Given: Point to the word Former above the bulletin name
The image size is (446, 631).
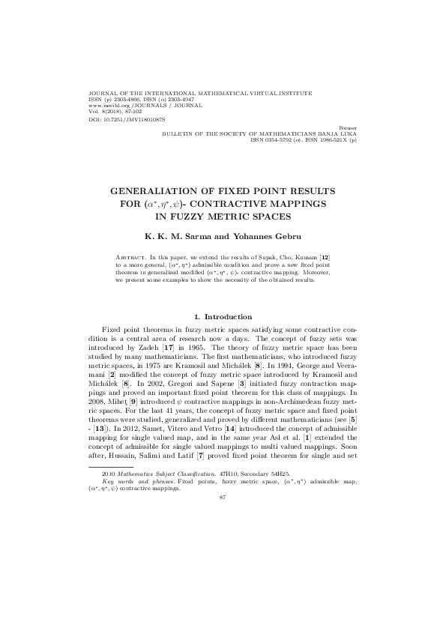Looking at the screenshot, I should [348, 129].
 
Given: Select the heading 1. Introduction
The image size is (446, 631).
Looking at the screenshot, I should [223, 317].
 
